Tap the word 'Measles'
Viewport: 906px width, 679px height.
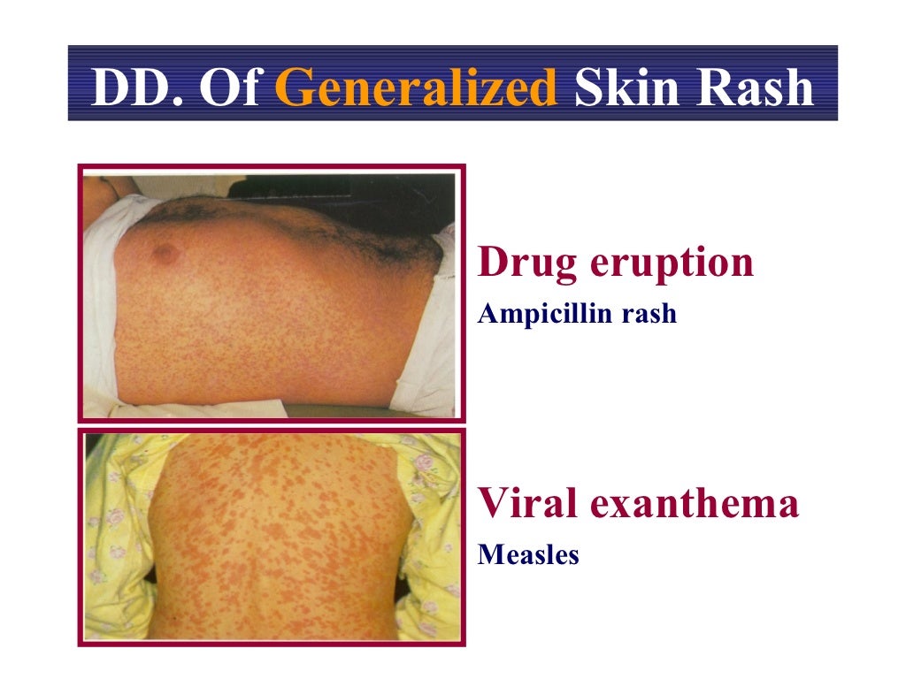[x=528, y=555]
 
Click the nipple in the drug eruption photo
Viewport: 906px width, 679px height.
[x=165, y=254]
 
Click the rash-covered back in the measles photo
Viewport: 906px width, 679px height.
[x=283, y=539]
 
